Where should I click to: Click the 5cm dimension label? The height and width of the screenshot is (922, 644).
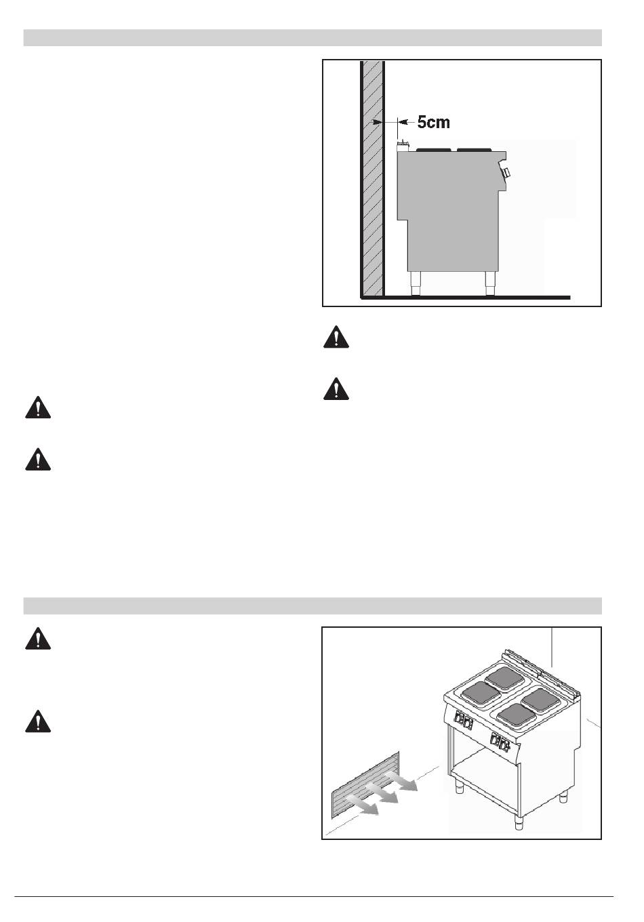(x=432, y=123)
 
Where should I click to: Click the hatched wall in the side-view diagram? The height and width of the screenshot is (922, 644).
(x=373, y=203)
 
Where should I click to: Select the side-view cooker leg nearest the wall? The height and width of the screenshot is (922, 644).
(x=415, y=283)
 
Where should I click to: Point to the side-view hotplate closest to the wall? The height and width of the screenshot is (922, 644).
(x=432, y=148)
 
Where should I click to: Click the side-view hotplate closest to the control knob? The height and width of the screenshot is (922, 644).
(x=475, y=148)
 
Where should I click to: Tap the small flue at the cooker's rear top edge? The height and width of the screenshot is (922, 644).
(x=403, y=144)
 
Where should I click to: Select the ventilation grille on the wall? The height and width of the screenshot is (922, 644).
(x=365, y=791)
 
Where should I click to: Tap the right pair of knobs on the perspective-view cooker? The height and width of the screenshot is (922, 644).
(x=500, y=743)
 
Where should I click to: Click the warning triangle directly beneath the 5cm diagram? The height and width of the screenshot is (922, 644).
(x=336, y=338)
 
